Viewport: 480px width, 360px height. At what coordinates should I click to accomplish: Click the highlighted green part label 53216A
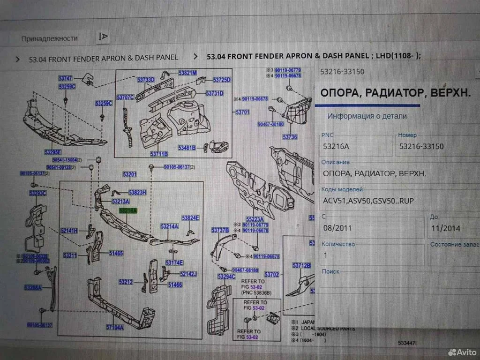128,211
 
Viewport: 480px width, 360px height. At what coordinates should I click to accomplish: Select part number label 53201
130,175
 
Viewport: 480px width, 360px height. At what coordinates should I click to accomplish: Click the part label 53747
66,78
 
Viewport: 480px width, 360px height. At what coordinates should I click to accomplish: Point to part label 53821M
187,73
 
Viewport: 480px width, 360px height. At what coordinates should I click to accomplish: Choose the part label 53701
242,112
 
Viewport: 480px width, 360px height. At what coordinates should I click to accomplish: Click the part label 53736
290,137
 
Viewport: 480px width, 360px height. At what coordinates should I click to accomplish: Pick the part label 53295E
53,151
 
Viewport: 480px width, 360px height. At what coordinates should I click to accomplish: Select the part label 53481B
187,148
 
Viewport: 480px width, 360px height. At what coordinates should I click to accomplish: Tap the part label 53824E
191,217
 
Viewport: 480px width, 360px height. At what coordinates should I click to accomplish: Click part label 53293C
37,193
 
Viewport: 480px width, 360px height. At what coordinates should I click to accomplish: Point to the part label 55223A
255,219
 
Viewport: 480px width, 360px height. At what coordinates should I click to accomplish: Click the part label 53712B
301,265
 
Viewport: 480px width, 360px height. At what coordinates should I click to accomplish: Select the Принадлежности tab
50,38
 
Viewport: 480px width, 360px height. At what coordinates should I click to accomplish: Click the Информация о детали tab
367,116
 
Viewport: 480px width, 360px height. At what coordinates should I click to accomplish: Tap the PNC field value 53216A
336,147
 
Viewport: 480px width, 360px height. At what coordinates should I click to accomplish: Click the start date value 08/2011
337,228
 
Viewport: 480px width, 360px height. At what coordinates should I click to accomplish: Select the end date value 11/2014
445,228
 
